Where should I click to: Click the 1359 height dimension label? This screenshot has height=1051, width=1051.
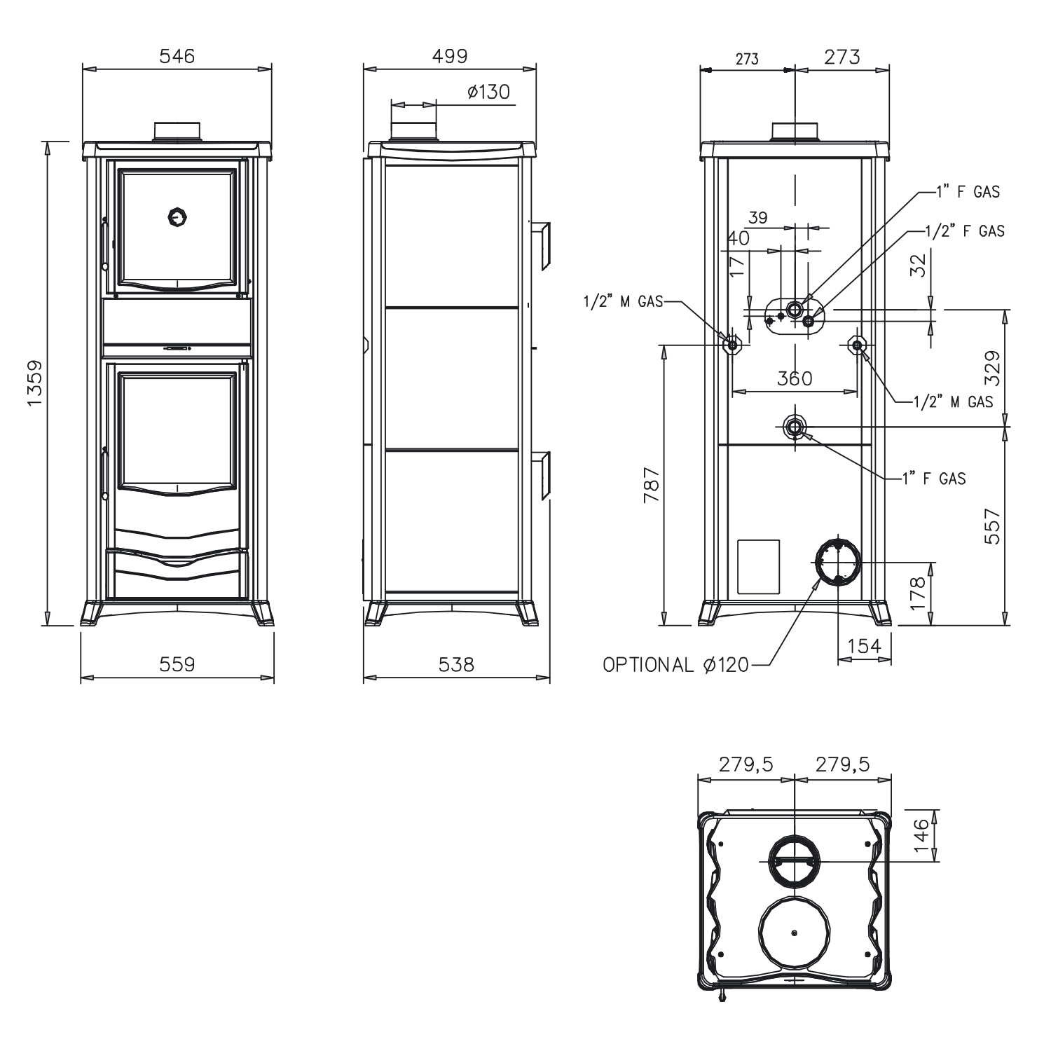pos(34,383)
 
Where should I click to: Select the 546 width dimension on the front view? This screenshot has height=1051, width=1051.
pos(177,56)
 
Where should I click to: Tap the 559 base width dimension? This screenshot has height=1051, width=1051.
pos(177,663)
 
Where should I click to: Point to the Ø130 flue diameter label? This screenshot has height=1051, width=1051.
pos(488,92)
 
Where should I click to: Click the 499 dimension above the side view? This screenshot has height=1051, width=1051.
pos(449,56)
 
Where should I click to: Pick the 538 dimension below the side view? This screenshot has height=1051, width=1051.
pos(456,663)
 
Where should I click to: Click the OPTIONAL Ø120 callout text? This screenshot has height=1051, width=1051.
pos(675,664)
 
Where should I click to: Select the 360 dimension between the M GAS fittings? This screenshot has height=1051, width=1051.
pos(795,378)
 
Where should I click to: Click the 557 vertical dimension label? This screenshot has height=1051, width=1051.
pos(993,526)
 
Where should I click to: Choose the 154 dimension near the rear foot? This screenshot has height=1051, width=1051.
pos(864,645)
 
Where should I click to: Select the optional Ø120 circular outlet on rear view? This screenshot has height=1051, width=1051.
pos(838,561)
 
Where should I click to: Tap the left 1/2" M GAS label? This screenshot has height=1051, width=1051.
pos(622,302)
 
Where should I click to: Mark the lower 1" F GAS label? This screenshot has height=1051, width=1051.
pos(934,479)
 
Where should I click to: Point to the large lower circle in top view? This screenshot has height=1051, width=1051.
pos(794,932)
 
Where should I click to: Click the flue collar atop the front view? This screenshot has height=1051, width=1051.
pos(177,131)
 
